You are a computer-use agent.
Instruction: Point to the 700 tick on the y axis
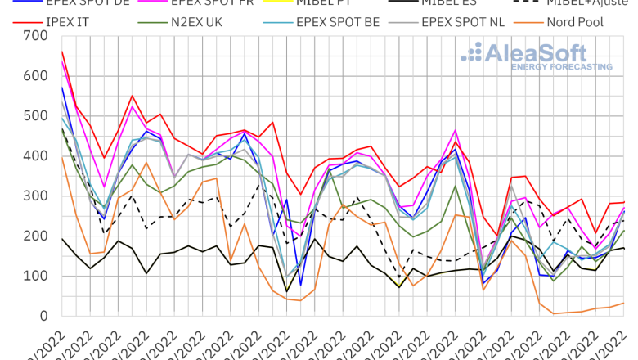pos(36,36)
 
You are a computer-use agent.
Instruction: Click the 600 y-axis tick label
pos(36,76)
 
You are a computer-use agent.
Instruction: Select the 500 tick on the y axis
pos(36,116)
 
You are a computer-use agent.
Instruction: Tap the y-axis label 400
pos(36,156)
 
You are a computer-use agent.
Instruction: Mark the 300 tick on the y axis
pos(36,196)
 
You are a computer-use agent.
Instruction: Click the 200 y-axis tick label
pos(36,236)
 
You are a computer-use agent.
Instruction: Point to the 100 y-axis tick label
pos(36,277)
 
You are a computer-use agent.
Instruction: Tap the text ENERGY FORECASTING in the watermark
pos(562,66)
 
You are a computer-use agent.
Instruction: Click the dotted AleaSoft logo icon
pos(473,53)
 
